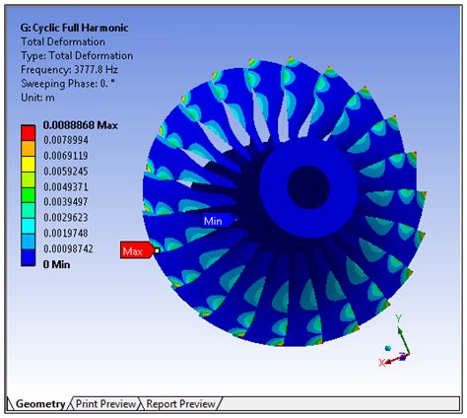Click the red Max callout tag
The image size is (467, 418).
(133, 251)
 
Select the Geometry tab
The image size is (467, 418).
(40, 404)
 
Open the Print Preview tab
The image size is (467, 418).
(105, 404)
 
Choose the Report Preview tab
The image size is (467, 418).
(181, 404)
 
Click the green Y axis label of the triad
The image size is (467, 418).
(399, 318)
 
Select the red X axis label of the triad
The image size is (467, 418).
(381, 363)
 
